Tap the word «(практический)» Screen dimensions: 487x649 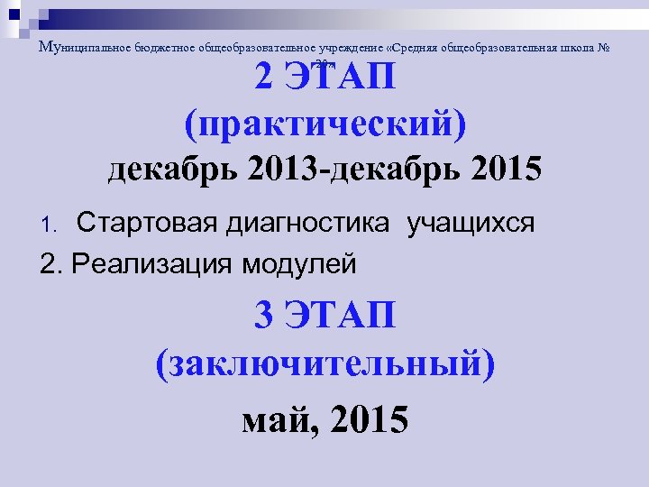coord(324,124)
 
